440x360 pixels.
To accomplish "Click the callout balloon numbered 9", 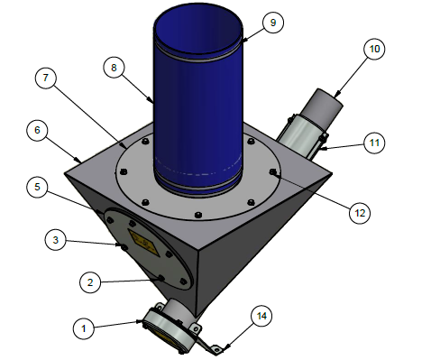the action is point(273,23).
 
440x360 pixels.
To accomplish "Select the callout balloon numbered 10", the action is point(374,49).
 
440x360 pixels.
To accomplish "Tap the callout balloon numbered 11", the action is point(374,143).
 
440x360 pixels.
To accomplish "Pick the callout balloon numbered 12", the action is point(360,213).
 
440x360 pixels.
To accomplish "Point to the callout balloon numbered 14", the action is point(261,316).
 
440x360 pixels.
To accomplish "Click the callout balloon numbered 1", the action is point(84,328).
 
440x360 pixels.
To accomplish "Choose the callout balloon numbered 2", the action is point(90,282).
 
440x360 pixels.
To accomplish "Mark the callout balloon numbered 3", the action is point(56,240).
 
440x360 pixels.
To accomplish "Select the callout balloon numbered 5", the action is point(37,187).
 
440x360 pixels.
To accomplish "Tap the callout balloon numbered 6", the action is point(37,130).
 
